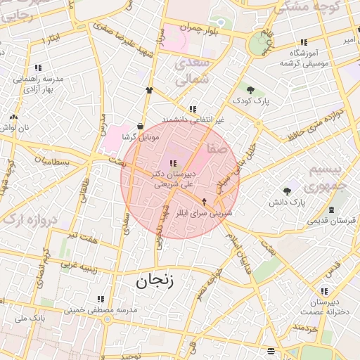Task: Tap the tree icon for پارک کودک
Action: tap(251, 89)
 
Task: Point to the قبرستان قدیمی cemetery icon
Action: tap(331, 210)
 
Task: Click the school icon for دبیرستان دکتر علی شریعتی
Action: tap(174, 163)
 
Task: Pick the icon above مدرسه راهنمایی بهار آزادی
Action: tap(37, 68)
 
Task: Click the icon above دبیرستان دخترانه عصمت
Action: tap(324, 291)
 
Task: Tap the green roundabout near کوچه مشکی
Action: tap(257, 46)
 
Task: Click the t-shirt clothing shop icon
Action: tap(149, 90)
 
